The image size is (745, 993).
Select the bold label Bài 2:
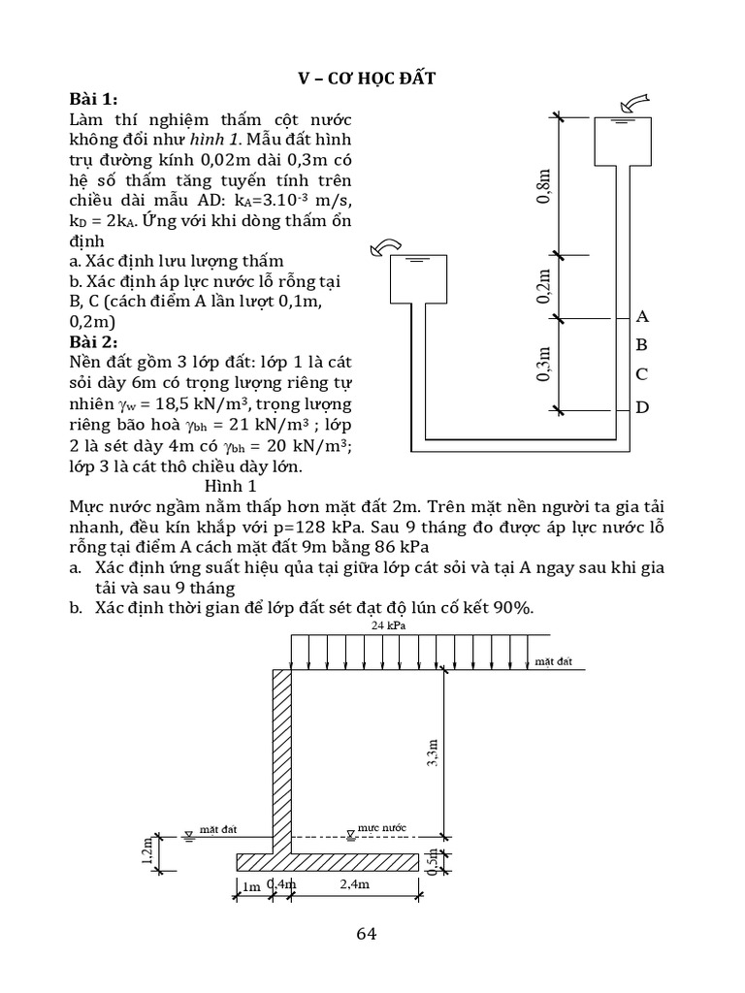pyautogui.click(x=93, y=342)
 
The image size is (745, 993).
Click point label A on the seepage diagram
pyautogui.click(x=641, y=316)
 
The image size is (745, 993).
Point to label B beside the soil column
pyautogui.click(x=641, y=344)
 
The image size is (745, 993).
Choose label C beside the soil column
pyautogui.click(x=641, y=374)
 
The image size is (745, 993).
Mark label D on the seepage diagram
pyautogui.click(x=641, y=407)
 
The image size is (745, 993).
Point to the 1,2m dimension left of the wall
pyautogui.click(x=146, y=849)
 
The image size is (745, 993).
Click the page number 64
pyautogui.click(x=367, y=934)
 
